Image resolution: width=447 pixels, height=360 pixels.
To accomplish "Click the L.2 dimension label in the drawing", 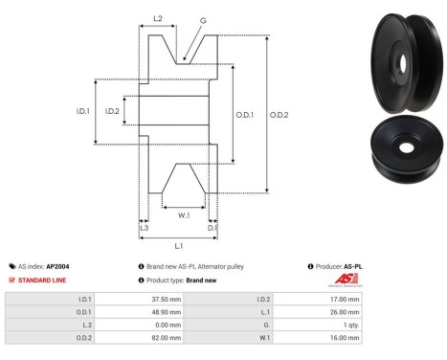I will tap(158, 18).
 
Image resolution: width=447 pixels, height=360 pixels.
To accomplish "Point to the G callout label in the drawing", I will tap(202, 20).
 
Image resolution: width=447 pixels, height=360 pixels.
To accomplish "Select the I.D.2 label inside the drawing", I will tap(112, 111).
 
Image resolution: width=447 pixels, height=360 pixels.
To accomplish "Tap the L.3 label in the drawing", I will tap(144, 227).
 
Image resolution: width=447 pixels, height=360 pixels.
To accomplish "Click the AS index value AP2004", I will tap(58, 267).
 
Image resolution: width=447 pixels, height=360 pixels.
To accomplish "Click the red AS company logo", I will tap(344, 280).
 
